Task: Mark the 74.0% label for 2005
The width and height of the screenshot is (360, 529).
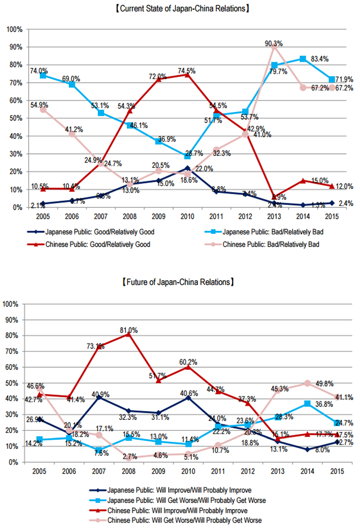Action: (39, 70)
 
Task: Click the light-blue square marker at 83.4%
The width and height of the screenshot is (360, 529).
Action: (303, 59)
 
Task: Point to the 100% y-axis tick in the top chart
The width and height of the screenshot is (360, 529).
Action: (14, 29)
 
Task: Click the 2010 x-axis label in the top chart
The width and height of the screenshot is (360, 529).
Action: (188, 218)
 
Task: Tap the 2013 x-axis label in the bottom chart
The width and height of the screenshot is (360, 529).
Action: (275, 471)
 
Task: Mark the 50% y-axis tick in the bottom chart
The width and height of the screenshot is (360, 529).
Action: (14, 383)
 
